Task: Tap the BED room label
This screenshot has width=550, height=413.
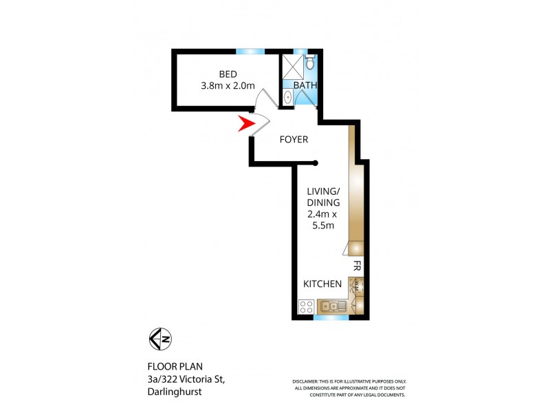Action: pyautogui.click(x=228, y=74)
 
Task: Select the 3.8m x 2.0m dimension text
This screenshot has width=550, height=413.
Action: pyautogui.click(x=228, y=86)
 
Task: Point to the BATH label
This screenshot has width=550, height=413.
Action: pyautogui.click(x=305, y=85)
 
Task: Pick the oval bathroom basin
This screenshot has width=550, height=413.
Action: pyautogui.click(x=287, y=97)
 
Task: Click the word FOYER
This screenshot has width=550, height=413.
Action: pyautogui.click(x=294, y=140)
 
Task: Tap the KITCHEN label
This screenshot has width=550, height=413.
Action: pyautogui.click(x=322, y=284)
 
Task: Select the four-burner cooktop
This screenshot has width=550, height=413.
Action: pyautogui.click(x=307, y=306)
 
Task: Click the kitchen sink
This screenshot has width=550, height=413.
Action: pyautogui.click(x=332, y=306)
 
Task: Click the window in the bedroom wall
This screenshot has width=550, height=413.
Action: pyautogui.click(x=250, y=52)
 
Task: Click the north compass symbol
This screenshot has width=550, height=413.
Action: pyautogui.click(x=160, y=339)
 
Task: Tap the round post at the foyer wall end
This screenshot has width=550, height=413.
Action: pyautogui.click(x=316, y=163)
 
